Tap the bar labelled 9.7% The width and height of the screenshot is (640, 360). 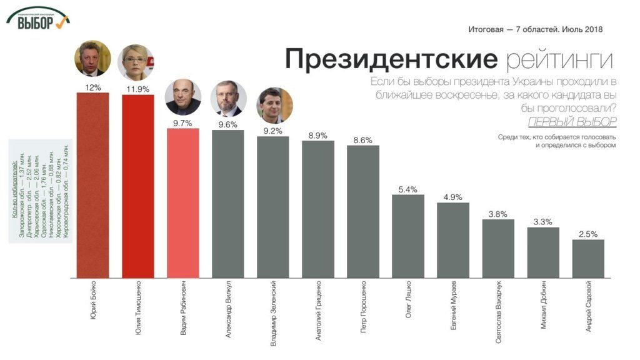[182, 203]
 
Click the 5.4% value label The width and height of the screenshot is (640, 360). [407, 189]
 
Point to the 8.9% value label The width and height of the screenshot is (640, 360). [317, 135]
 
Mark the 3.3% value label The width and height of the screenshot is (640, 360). [542, 222]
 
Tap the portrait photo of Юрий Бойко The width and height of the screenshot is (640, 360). [92, 61]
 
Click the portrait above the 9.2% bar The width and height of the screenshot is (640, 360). [274, 104]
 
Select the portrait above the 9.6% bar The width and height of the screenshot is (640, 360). [228, 99]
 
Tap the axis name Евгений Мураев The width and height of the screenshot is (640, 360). [453, 306]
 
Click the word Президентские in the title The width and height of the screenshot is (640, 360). [391, 60]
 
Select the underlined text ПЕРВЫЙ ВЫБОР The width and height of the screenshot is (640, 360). [572, 121]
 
